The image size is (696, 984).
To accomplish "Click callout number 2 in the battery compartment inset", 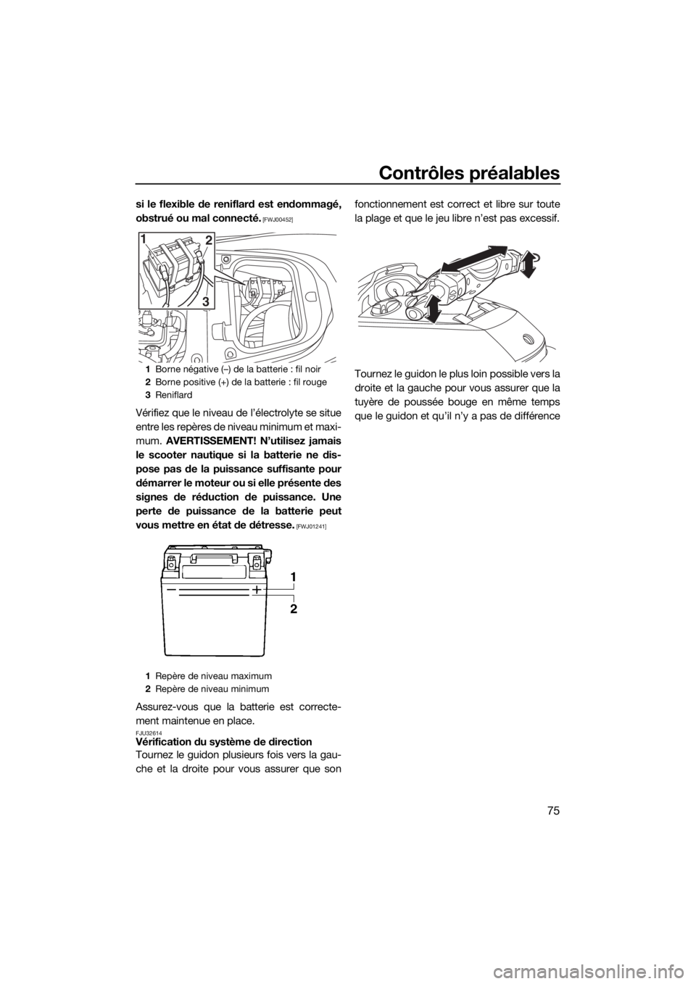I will click(x=208, y=239).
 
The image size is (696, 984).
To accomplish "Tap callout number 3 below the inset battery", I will click(x=207, y=299).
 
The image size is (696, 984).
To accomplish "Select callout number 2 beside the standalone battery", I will click(x=293, y=609).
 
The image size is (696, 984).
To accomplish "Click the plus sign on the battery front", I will click(x=257, y=591).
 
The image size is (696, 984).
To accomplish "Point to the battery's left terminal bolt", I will click(x=172, y=560).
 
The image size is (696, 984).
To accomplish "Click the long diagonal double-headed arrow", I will click(x=474, y=259).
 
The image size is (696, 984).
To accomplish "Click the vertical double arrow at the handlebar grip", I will click(x=434, y=308).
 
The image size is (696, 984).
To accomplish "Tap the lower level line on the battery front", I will click(x=217, y=599).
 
